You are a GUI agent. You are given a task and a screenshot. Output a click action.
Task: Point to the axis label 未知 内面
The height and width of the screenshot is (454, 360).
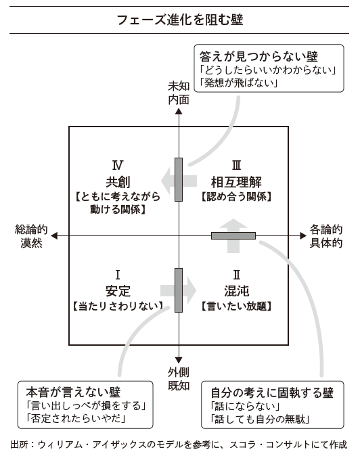[179, 93]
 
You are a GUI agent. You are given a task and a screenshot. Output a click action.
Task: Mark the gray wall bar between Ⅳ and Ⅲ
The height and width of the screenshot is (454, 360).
[179, 179]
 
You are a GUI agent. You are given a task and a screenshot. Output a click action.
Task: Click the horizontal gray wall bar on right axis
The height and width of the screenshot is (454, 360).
[233, 235]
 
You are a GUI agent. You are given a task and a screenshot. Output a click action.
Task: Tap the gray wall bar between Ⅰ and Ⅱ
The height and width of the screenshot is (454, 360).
[179, 290]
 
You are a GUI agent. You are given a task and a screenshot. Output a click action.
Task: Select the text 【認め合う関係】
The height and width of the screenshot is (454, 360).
[236, 197]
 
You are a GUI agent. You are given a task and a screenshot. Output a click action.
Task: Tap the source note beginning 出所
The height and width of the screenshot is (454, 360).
[179, 445]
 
